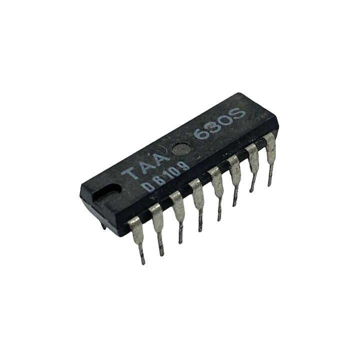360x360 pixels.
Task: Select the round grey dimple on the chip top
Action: pyautogui.click(x=181, y=149)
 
